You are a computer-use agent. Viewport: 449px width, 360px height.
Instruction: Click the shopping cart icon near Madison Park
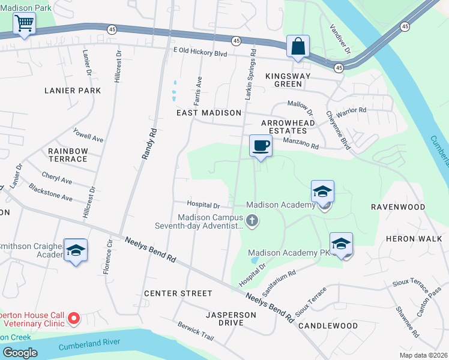click(23, 24)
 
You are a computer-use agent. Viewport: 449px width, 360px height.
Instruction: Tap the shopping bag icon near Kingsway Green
click(298, 46)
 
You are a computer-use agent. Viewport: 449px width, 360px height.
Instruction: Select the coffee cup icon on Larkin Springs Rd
click(261, 146)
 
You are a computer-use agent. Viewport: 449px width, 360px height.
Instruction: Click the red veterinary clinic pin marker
click(74, 317)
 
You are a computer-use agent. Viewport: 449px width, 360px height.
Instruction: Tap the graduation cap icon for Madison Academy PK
click(341, 244)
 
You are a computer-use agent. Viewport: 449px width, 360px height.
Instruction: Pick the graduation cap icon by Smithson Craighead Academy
click(76, 250)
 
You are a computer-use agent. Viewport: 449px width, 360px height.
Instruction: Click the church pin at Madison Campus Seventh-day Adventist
click(252, 221)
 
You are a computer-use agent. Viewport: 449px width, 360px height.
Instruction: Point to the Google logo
click(20, 353)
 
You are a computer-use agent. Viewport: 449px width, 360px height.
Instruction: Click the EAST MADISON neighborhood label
click(208, 113)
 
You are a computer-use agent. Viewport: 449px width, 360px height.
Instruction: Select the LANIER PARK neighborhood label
click(73, 91)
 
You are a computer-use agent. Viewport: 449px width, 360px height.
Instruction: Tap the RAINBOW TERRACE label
click(68, 155)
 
